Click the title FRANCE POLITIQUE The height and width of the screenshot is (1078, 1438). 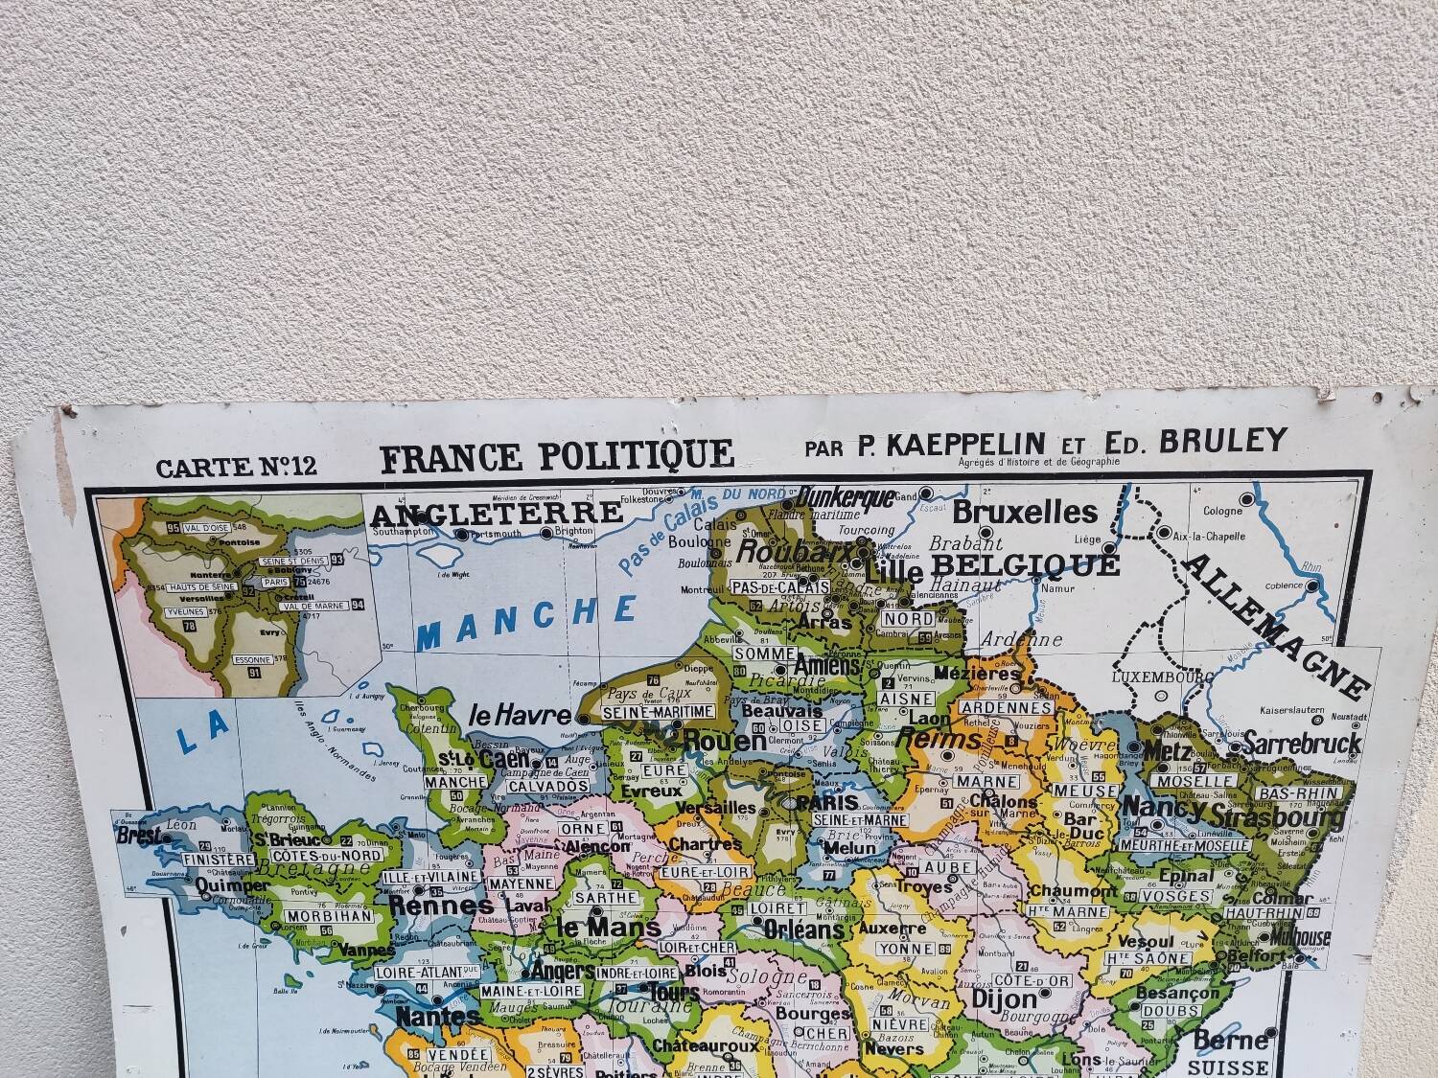557,456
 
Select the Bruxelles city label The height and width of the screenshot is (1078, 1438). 1025,512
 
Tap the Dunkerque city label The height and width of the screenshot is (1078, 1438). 845,496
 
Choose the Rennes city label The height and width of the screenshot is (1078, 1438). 440,905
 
